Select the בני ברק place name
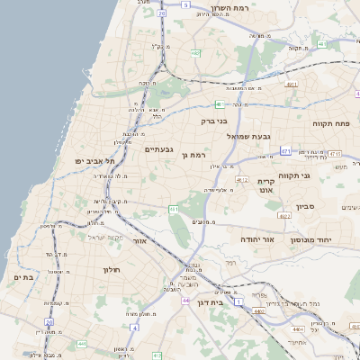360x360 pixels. click(x=214, y=119)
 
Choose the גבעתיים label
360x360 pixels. click(x=159, y=148)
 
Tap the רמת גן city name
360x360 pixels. click(x=197, y=155)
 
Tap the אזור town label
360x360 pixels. click(x=139, y=241)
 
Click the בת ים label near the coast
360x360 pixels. click(x=23, y=278)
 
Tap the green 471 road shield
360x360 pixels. click(x=285, y=151)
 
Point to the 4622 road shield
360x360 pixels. click(x=284, y=216)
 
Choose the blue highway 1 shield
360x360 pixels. click(x=238, y=301)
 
